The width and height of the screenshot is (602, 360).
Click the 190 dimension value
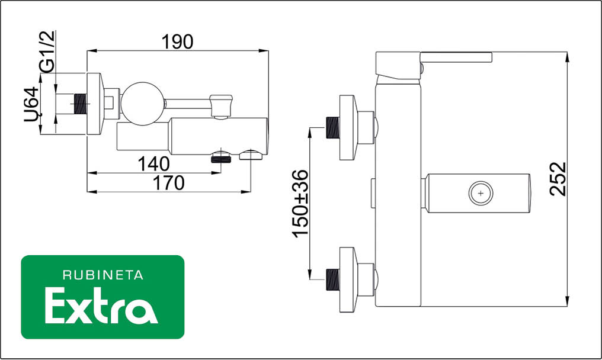(x=177, y=41)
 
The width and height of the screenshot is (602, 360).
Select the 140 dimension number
(x=153, y=163)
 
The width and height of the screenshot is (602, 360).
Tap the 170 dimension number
(x=169, y=183)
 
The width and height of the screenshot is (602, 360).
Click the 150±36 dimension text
(x=301, y=203)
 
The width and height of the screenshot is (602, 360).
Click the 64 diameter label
(x=33, y=104)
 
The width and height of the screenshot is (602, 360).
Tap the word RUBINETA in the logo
(x=103, y=275)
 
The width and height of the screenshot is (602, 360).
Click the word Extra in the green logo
(x=101, y=306)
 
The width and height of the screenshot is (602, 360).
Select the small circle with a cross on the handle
(x=480, y=193)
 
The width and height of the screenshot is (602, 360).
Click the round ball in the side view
(x=142, y=104)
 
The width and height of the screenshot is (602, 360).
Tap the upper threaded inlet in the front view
(x=334, y=127)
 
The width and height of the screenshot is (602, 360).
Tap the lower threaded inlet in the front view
(x=334, y=279)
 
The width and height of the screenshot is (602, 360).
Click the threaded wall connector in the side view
(x=80, y=104)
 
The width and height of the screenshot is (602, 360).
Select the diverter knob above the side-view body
(x=222, y=105)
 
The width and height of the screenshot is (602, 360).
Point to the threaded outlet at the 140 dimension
(x=221, y=156)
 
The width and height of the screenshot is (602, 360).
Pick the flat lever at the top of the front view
(x=456, y=57)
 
